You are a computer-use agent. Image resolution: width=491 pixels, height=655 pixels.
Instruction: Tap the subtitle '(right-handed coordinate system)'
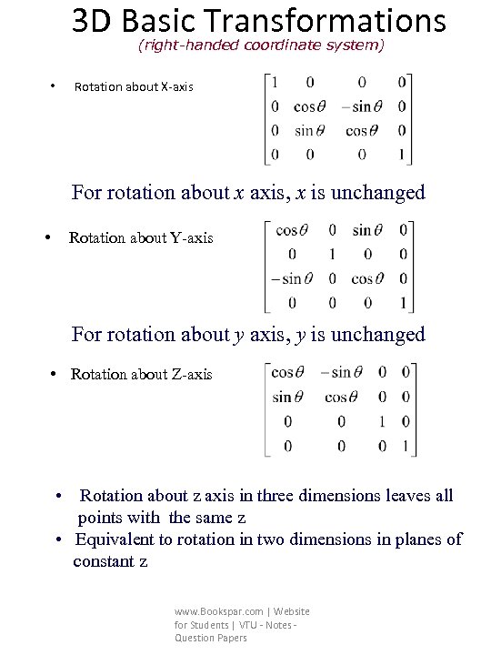(261, 44)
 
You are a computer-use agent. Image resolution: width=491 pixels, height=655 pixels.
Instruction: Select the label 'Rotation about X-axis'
(134, 87)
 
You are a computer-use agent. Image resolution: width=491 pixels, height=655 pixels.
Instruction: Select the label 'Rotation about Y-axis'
(141, 237)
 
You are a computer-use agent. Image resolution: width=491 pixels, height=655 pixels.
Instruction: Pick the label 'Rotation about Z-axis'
(141, 374)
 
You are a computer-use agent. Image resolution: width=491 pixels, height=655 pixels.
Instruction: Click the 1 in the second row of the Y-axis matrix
(333, 255)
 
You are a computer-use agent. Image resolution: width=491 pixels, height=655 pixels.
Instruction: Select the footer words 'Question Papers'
(211, 638)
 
